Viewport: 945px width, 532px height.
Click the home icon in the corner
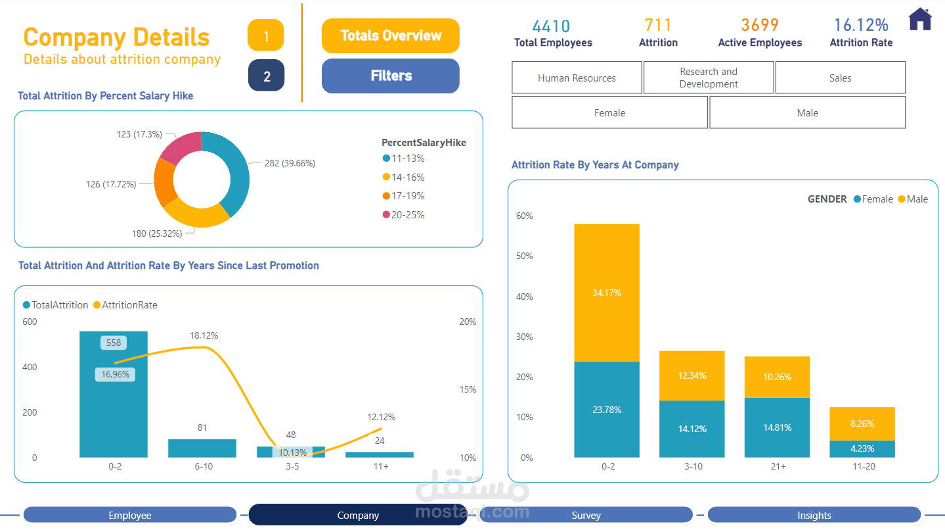[x=920, y=19]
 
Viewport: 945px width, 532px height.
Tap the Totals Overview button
[x=391, y=36]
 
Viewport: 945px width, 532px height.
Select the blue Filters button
[x=391, y=76]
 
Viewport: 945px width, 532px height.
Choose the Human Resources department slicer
[x=577, y=78]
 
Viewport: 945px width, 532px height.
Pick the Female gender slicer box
[x=609, y=112]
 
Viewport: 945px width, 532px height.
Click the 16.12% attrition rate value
[x=861, y=25]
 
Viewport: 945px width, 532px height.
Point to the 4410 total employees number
[x=551, y=26]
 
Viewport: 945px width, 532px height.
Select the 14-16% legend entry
[x=407, y=177]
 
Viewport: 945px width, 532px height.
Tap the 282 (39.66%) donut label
[x=290, y=163]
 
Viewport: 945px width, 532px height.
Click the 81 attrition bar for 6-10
[x=202, y=448]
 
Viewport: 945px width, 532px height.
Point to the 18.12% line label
[x=204, y=335]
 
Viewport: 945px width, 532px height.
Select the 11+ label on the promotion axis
[x=380, y=466]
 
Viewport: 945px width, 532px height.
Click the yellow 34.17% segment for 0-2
[x=607, y=293]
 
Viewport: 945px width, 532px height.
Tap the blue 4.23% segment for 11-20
[x=862, y=448]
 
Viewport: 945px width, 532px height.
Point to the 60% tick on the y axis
[x=525, y=216]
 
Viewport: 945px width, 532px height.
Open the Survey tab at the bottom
[x=586, y=516]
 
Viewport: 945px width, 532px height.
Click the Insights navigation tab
[x=814, y=516]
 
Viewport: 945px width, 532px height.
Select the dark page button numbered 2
[x=266, y=76]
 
